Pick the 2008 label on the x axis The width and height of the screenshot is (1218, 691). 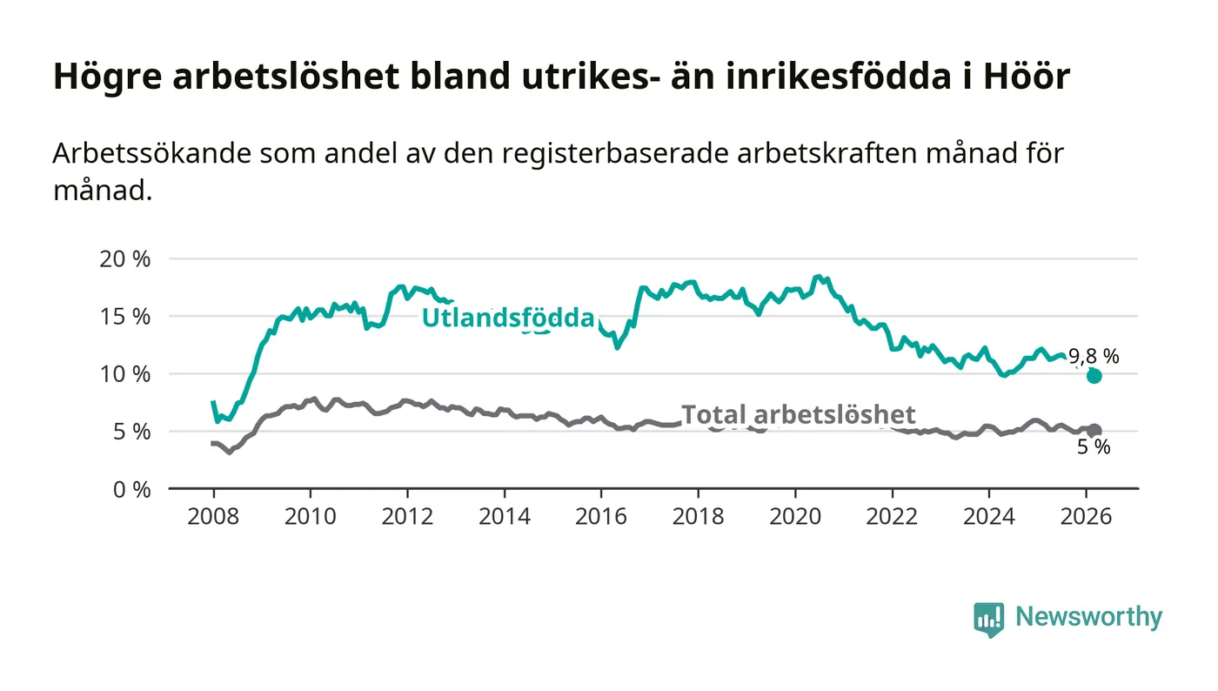pyautogui.click(x=213, y=516)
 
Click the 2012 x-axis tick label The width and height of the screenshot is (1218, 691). pyautogui.click(x=407, y=516)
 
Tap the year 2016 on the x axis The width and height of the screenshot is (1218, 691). pyautogui.click(x=601, y=516)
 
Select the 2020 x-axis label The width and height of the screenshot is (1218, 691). pyautogui.click(x=795, y=516)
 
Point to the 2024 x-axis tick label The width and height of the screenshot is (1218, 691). pyautogui.click(x=989, y=516)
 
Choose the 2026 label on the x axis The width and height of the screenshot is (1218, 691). pyautogui.click(x=1086, y=516)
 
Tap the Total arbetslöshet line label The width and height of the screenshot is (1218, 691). pyautogui.click(x=798, y=414)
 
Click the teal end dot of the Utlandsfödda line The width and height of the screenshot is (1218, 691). pyautogui.click(x=1094, y=376)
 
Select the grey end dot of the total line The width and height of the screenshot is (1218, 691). pyautogui.click(x=1094, y=431)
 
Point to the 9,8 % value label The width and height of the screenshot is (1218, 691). pyautogui.click(x=1094, y=356)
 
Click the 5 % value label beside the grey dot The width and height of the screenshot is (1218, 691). pyautogui.click(x=1094, y=448)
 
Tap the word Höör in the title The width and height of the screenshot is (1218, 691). pyautogui.click(x=1027, y=77)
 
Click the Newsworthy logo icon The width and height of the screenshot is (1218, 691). pyautogui.click(x=988, y=619)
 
